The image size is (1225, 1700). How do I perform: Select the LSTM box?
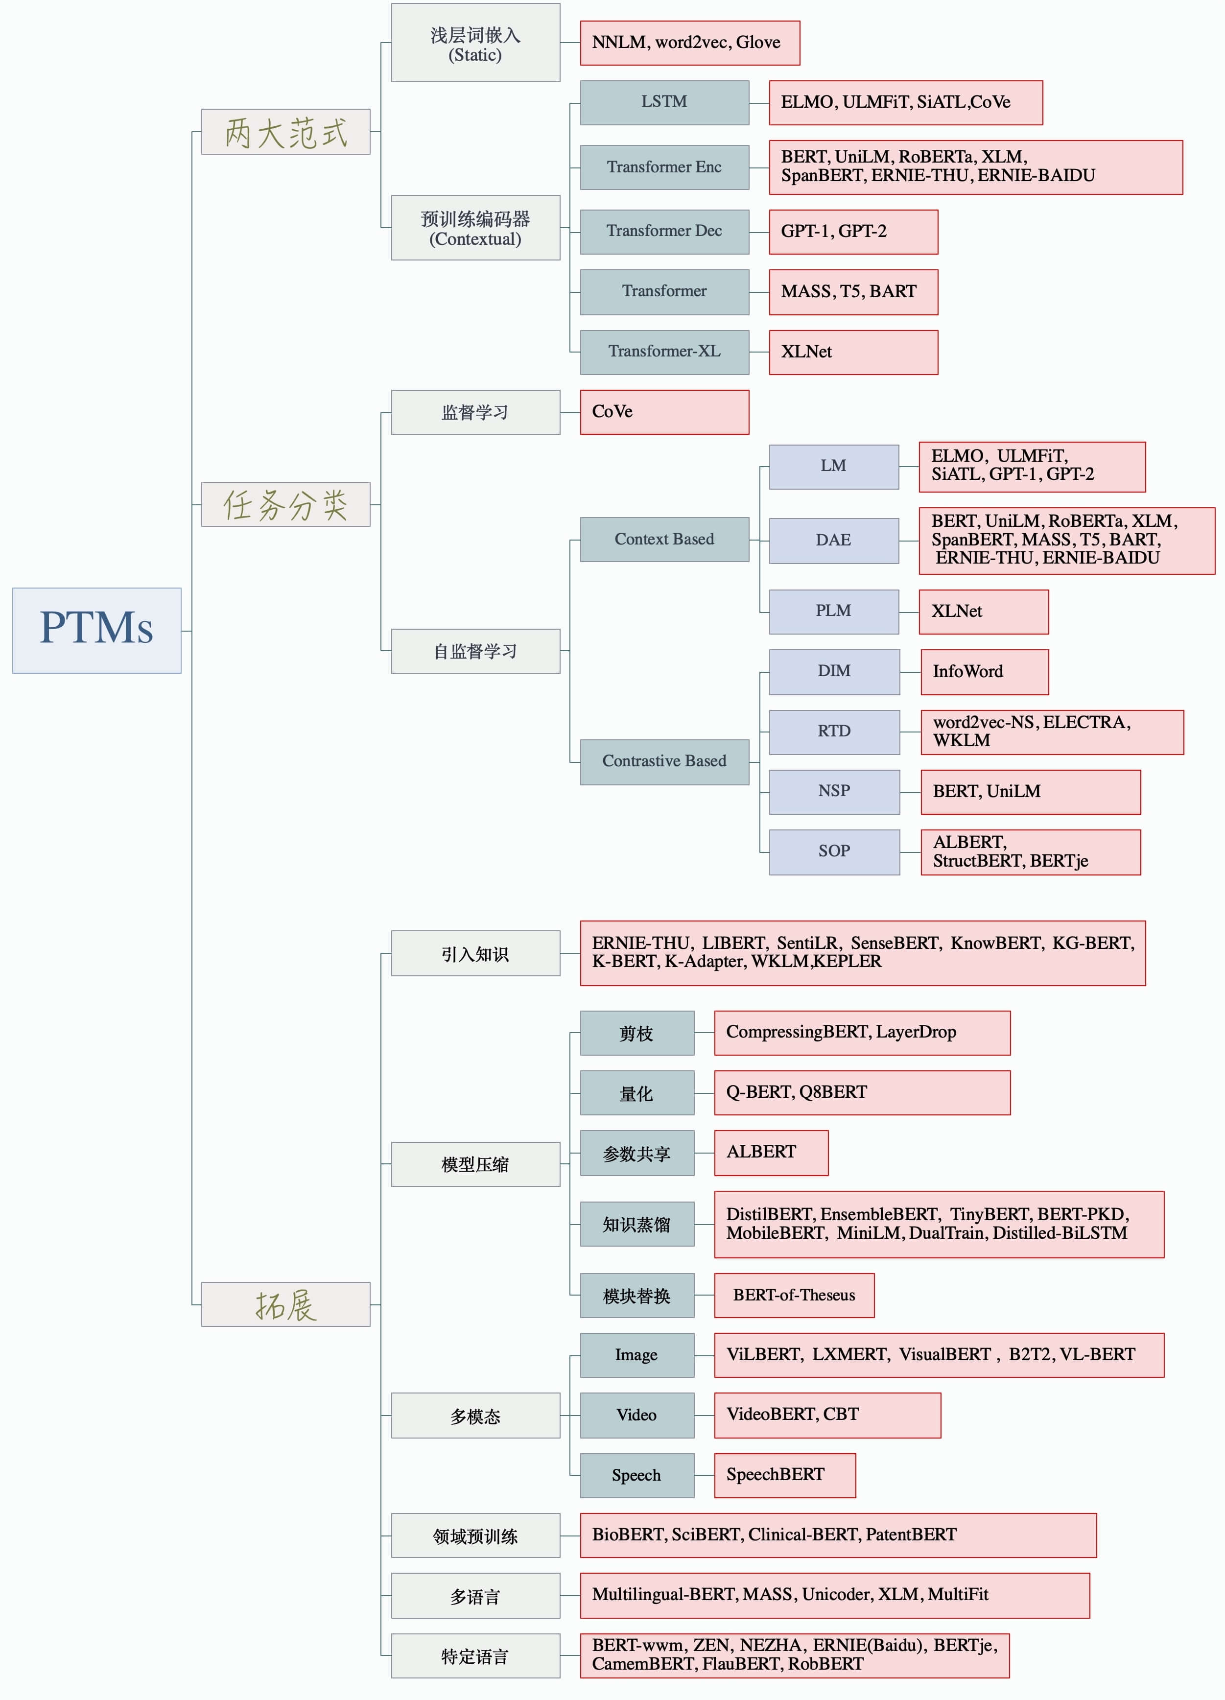click(664, 102)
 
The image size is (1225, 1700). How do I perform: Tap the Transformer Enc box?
click(664, 167)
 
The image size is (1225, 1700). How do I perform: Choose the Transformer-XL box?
click(664, 352)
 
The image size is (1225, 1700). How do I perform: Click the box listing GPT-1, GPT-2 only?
click(853, 232)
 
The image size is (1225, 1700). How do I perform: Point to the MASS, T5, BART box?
click(853, 292)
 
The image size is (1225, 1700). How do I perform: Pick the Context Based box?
click(664, 539)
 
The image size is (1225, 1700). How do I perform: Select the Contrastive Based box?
click(664, 761)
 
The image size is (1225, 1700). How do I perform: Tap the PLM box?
click(834, 611)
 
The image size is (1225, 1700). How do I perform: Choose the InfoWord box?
click(984, 672)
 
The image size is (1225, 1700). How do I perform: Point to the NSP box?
click(834, 792)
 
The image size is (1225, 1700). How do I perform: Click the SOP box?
click(834, 851)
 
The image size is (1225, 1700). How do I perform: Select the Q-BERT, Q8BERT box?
click(862, 1092)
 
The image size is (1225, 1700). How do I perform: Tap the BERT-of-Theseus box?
click(794, 1295)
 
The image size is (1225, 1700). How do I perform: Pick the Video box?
click(636, 1415)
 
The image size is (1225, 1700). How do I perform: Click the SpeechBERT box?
click(785, 1475)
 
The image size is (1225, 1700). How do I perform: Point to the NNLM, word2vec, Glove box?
click(690, 43)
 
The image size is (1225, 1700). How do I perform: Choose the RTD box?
click(834, 732)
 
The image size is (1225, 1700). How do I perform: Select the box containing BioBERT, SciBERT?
click(838, 1535)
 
